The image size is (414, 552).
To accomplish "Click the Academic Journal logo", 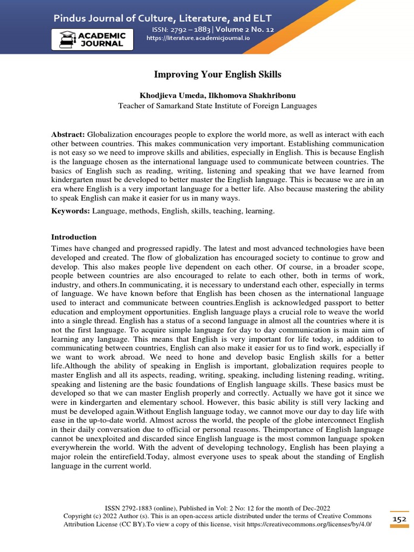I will click(92, 39).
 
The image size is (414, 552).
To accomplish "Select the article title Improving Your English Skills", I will click(218, 74).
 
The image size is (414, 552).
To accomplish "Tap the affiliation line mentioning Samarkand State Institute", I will click(218, 106).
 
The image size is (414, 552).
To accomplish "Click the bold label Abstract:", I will click(68, 134).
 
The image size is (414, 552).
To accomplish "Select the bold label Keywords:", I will click(71, 211).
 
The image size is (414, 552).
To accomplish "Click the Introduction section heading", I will click(74, 237).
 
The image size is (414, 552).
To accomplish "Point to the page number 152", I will click(399, 519).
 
